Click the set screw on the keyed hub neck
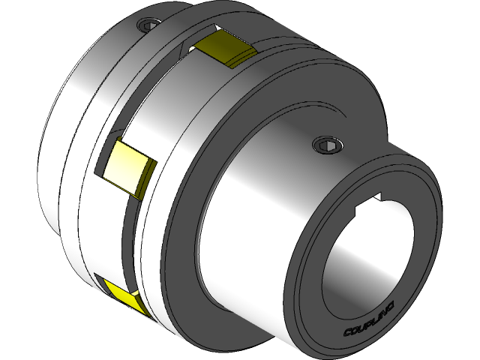324,144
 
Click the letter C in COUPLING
348,333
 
